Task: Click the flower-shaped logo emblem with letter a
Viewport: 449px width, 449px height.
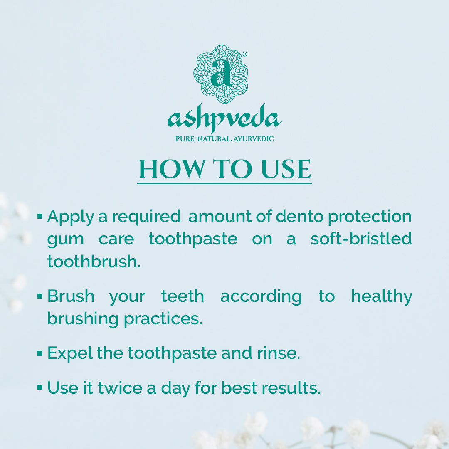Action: (x=220, y=74)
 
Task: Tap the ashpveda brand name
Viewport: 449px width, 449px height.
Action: (x=224, y=118)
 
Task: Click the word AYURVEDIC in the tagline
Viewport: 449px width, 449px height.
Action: (x=254, y=139)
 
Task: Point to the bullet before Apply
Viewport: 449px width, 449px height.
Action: (x=39, y=216)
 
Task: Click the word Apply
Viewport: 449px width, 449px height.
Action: (x=70, y=217)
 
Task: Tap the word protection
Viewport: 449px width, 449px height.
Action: (x=370, y=217)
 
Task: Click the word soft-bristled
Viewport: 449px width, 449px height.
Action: (x=361, y=239)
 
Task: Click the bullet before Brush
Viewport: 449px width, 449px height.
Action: (x=39, y=296)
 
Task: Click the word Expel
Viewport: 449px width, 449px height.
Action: (x=70, y=353)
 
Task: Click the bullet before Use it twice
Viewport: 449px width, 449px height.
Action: (x=39, y=388)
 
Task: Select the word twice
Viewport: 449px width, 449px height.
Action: (x=120, y=388)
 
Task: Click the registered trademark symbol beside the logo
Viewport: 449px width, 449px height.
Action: (x=245, y=54)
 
